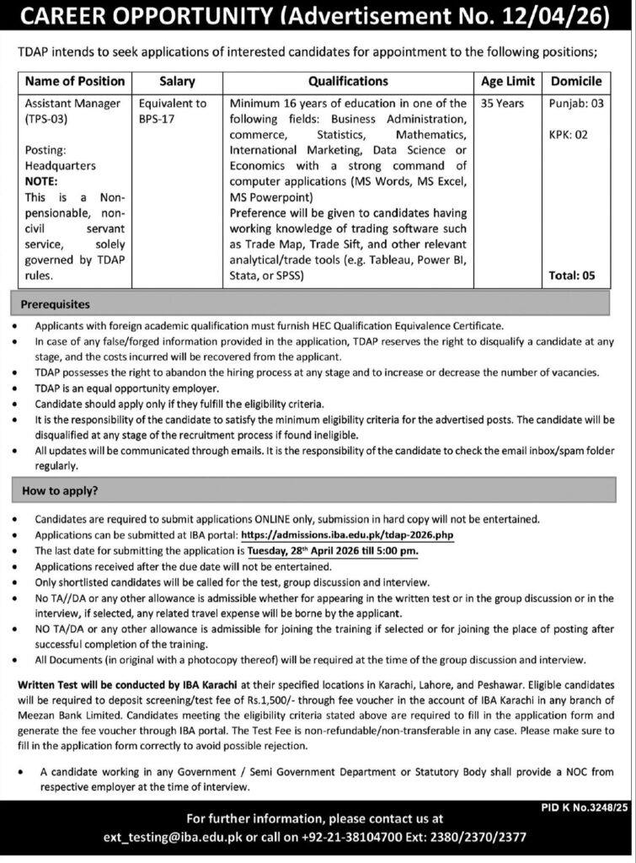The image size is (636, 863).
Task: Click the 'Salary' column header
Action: click(177, 82)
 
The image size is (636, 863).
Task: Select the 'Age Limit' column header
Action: click(509, 82)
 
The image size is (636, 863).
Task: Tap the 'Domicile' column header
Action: click(576, 82)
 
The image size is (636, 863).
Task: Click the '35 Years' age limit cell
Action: click(501, 104)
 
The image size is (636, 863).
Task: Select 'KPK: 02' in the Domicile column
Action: click(569, 133)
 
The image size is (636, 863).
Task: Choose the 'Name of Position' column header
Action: click(75, 82)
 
